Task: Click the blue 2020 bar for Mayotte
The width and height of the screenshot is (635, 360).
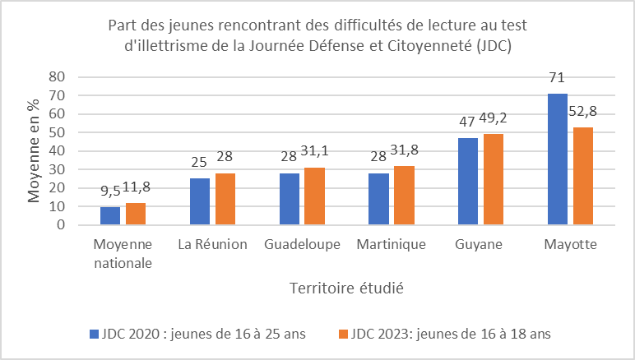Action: [557, 159]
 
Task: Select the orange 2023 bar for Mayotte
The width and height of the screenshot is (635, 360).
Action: [582, 176]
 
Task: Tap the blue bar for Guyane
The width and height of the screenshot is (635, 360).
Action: [467, 181]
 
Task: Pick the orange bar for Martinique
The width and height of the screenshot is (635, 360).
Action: [404, 196]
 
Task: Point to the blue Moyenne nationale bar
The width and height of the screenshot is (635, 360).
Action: [110, 215]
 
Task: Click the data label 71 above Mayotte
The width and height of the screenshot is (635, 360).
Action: [558, 78]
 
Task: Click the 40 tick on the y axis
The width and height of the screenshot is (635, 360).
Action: [57, 150]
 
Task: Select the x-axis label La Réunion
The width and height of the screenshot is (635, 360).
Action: [212, 245]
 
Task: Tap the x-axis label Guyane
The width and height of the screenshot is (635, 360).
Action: [480, 245]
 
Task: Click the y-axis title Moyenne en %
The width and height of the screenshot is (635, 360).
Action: [35, 150]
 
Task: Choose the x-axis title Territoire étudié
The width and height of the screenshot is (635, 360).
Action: [346, 288]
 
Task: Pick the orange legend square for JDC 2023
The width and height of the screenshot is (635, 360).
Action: [342, 334]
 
